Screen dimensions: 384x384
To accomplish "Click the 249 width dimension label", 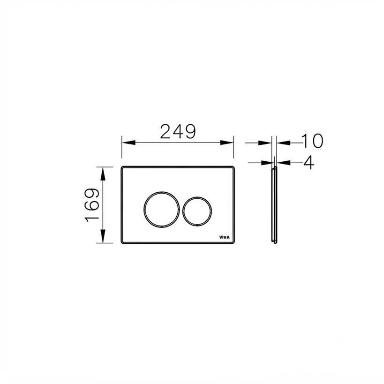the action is (178, 131).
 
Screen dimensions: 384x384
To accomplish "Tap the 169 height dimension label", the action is (92, 205).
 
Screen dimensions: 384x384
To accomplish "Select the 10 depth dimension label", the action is (312, 141).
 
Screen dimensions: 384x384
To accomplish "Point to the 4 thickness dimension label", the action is (309, 163).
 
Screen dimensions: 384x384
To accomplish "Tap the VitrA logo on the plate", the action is (224, 237).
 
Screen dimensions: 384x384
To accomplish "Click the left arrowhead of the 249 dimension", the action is (128, 143).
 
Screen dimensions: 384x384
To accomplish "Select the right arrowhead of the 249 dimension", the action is (227, 143).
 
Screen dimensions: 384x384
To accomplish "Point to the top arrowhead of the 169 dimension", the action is (103, 173).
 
